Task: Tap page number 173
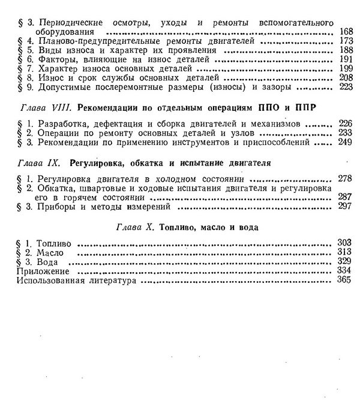tap(345, 41)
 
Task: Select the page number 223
tap(345, 87)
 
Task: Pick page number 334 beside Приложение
tap(344, 271)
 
